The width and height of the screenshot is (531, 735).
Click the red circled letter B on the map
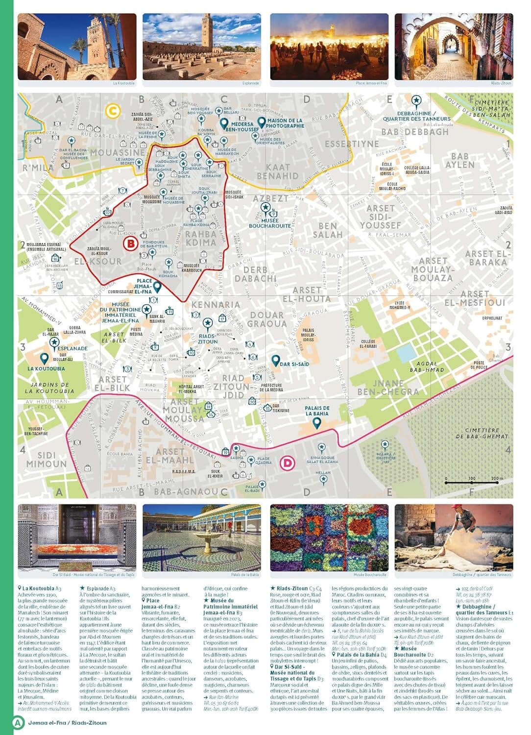130,244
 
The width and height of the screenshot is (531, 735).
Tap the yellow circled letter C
113,111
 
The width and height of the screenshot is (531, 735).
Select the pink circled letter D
288,463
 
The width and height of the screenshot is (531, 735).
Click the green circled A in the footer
18,722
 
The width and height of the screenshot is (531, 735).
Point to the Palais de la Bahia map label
317,411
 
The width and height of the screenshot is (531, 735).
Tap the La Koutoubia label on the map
46,368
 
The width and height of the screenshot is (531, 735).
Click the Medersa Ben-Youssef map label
242,127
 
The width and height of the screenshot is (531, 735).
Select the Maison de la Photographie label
285,123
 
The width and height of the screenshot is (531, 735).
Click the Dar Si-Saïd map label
294,364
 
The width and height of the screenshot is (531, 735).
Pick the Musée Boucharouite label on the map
270,223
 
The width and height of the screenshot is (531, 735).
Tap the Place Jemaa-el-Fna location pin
157,286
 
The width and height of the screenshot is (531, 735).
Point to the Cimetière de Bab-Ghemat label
482,433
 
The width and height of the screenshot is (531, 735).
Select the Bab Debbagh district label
414,132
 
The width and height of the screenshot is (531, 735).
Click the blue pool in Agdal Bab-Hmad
406,352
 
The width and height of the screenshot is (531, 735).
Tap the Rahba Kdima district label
201,238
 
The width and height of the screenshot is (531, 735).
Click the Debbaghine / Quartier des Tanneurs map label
416,116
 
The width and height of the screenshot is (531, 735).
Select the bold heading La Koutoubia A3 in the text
41,588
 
